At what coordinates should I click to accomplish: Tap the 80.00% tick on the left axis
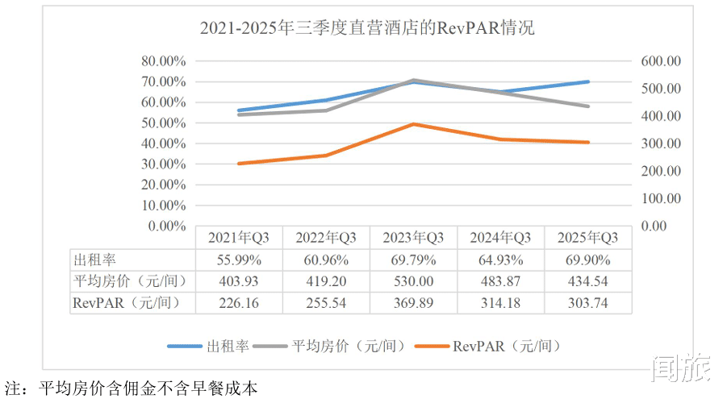[164, 61]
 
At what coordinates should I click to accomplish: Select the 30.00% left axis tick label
[164, 164]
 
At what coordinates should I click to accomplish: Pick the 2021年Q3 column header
[239, 238]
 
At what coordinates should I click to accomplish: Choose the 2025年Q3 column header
[588, 238]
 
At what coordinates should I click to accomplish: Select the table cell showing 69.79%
[414, 260]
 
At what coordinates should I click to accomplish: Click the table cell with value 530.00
[414, 282]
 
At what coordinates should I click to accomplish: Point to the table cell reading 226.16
[239, 303]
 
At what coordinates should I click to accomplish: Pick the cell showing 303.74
[588, 303]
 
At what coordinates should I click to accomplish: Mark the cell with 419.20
[326, 282]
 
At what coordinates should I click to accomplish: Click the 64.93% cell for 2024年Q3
[501, 260]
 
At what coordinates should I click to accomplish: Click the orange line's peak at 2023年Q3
[414, 124]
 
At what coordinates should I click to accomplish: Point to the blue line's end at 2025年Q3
[588, 81]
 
